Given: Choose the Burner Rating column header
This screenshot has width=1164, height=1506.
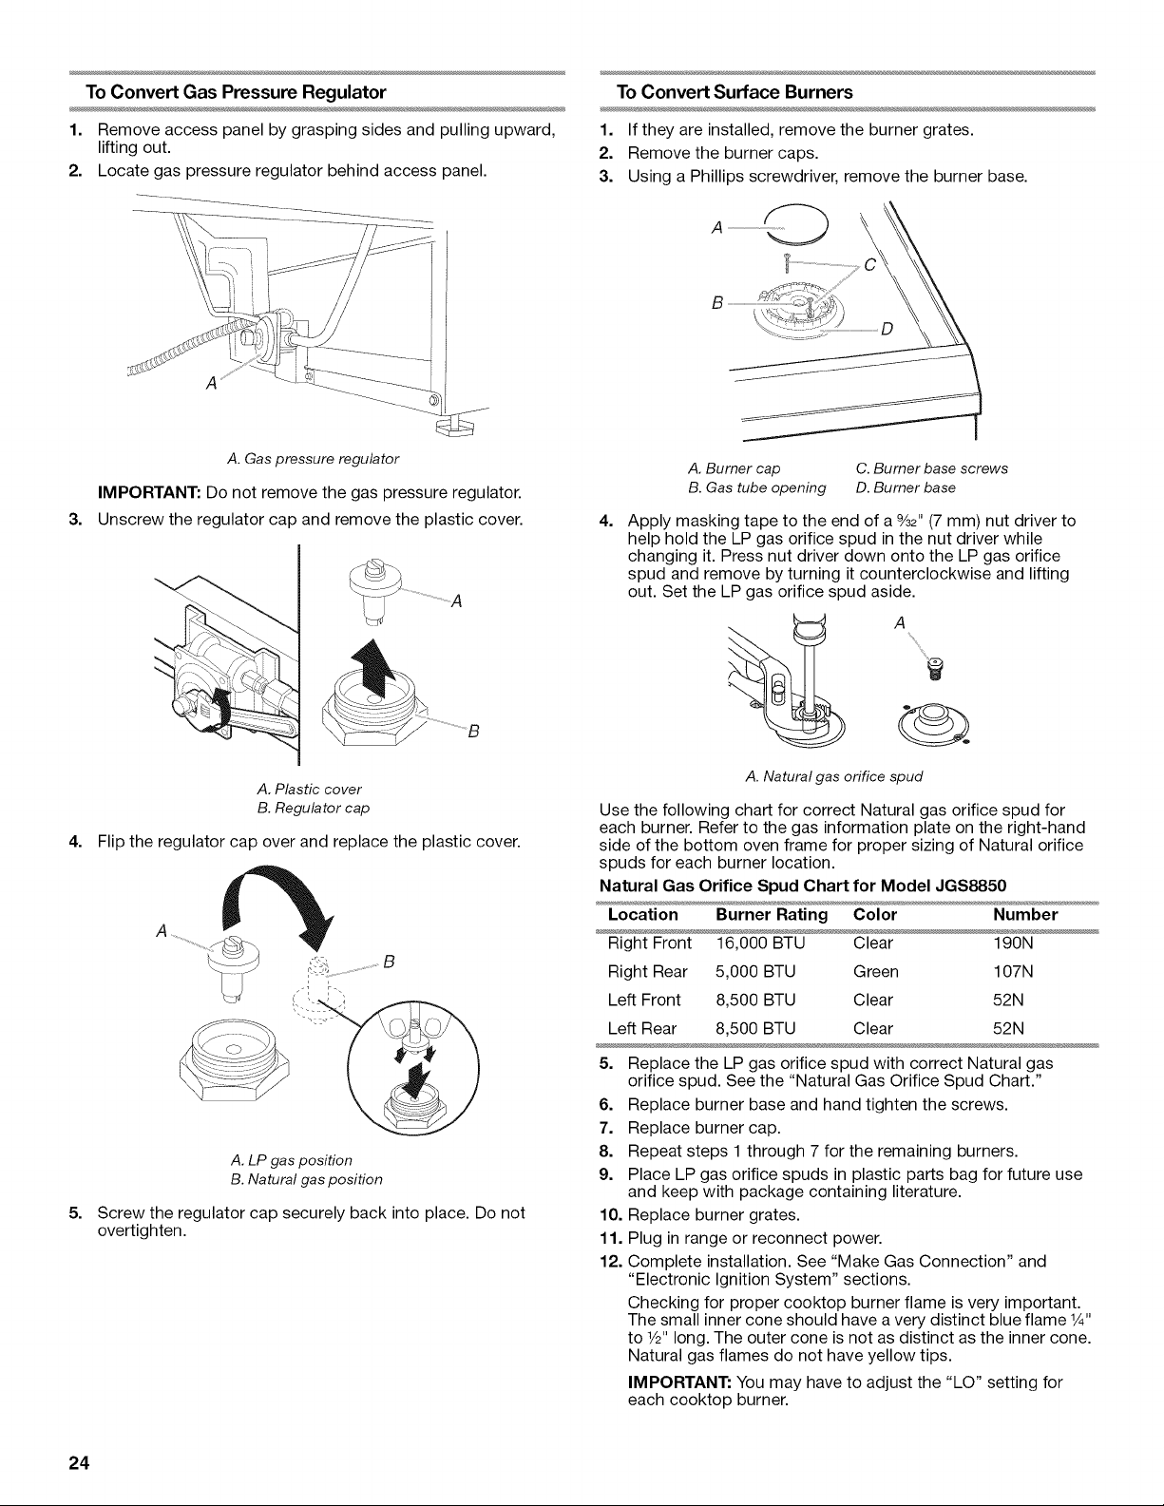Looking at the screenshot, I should (772, 914).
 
